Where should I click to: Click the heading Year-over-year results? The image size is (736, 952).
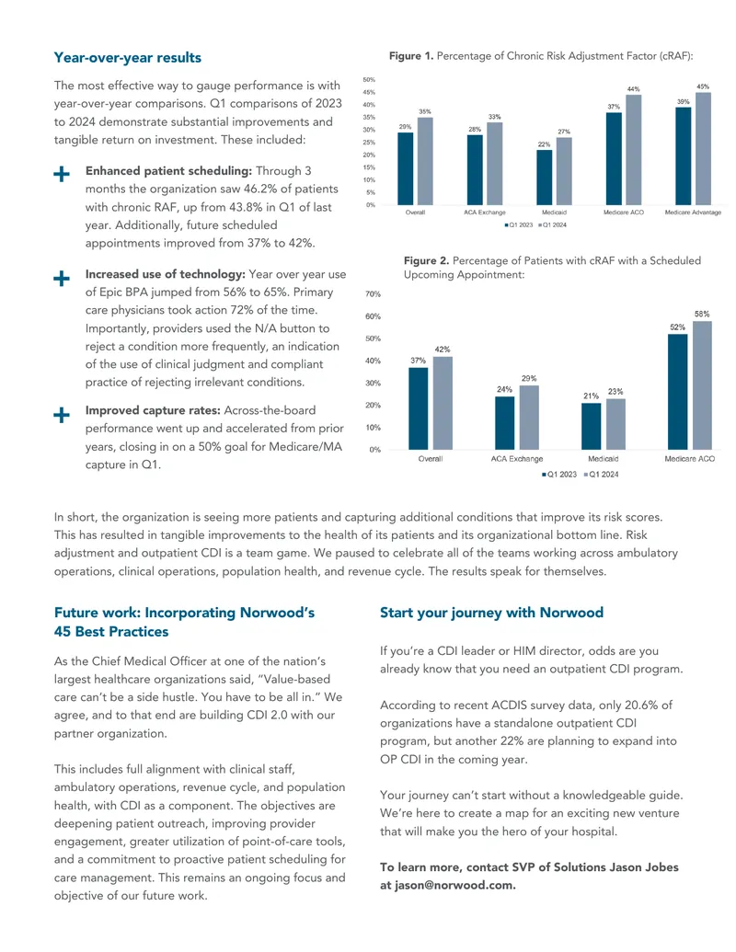tap(128, 58)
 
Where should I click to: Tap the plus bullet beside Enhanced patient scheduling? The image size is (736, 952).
tap(62, 174)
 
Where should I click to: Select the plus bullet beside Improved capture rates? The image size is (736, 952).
tap(62, 415)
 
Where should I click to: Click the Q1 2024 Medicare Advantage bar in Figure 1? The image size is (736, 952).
tap(703, 149)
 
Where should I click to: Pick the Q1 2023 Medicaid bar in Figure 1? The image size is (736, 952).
tap(544, 178)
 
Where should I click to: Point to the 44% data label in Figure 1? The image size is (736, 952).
tap(633, 89)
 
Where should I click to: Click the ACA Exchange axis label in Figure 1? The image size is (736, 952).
tap(485, 212)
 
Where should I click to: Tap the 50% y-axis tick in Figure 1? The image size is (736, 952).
tap(369, 79)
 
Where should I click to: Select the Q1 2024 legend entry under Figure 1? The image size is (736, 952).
tap(553, 225)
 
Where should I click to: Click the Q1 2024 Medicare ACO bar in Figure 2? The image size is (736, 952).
tap(702, 384)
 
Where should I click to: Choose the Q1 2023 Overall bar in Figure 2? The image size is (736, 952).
tap(419, 408)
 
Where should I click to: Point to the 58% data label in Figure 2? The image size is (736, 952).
tap(702, 314)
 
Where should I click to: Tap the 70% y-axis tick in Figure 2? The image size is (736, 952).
tap(373, 293)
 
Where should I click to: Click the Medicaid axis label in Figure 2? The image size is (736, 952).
tap(603, 459)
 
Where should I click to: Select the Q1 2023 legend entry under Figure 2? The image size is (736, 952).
tap(559, 475)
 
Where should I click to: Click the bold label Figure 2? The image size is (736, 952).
tap(426, 260)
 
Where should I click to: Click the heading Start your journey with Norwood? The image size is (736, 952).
tap(492, 613)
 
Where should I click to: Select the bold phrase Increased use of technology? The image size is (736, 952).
tap(166, 274)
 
